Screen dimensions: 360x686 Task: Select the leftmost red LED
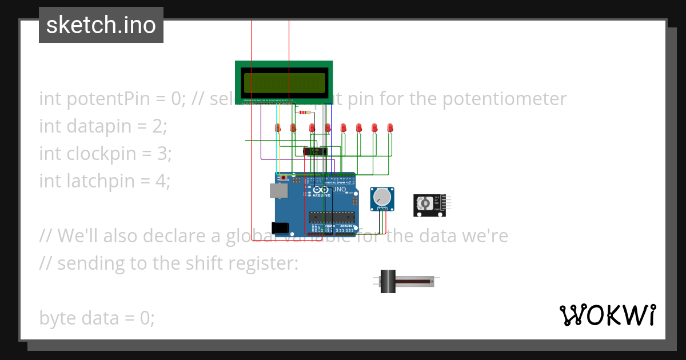277,128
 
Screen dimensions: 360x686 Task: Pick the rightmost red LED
390,128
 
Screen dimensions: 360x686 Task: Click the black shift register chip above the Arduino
314,151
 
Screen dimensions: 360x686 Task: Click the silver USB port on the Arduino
278,191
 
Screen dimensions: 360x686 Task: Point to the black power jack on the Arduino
280,227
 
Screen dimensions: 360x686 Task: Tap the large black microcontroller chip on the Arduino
332,217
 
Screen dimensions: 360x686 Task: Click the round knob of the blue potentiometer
381,198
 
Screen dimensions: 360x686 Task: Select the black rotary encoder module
430,205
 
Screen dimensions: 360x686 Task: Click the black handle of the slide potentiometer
388,281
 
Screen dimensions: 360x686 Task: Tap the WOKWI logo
607,315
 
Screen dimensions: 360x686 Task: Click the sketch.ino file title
101,25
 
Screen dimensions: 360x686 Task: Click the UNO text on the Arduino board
339,189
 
